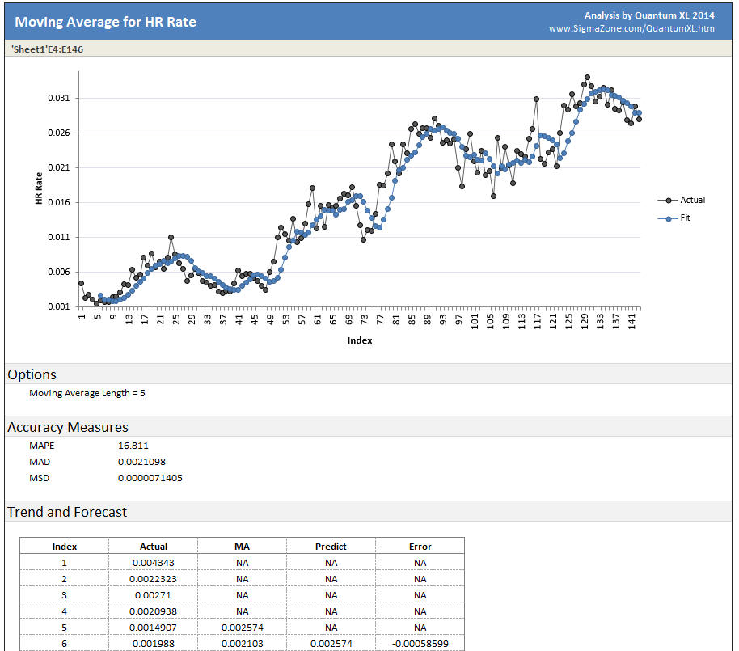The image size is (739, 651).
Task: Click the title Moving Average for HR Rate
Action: (x=105, y=21)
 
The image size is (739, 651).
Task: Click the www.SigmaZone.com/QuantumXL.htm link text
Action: (x=631, y=29)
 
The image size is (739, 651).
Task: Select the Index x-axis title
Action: (x=360, y=340)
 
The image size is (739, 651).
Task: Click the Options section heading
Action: (x=32, y=374)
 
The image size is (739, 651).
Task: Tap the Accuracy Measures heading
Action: (x=68, y=427)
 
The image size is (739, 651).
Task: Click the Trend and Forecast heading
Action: (x=67, y=512)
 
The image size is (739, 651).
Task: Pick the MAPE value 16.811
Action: (x=133, y=446)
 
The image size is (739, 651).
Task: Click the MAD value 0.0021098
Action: (x=141, y=462)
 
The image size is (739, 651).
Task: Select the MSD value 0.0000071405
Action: (x=150, y=478)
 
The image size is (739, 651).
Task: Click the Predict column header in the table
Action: (x=331, y=547)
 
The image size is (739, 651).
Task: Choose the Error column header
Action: (x=420, y=547)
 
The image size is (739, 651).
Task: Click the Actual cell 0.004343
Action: (x=153, y=563)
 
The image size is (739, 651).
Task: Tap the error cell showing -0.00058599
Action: (x=420, y=644)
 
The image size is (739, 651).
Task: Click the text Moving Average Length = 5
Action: (x=87, y=394)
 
